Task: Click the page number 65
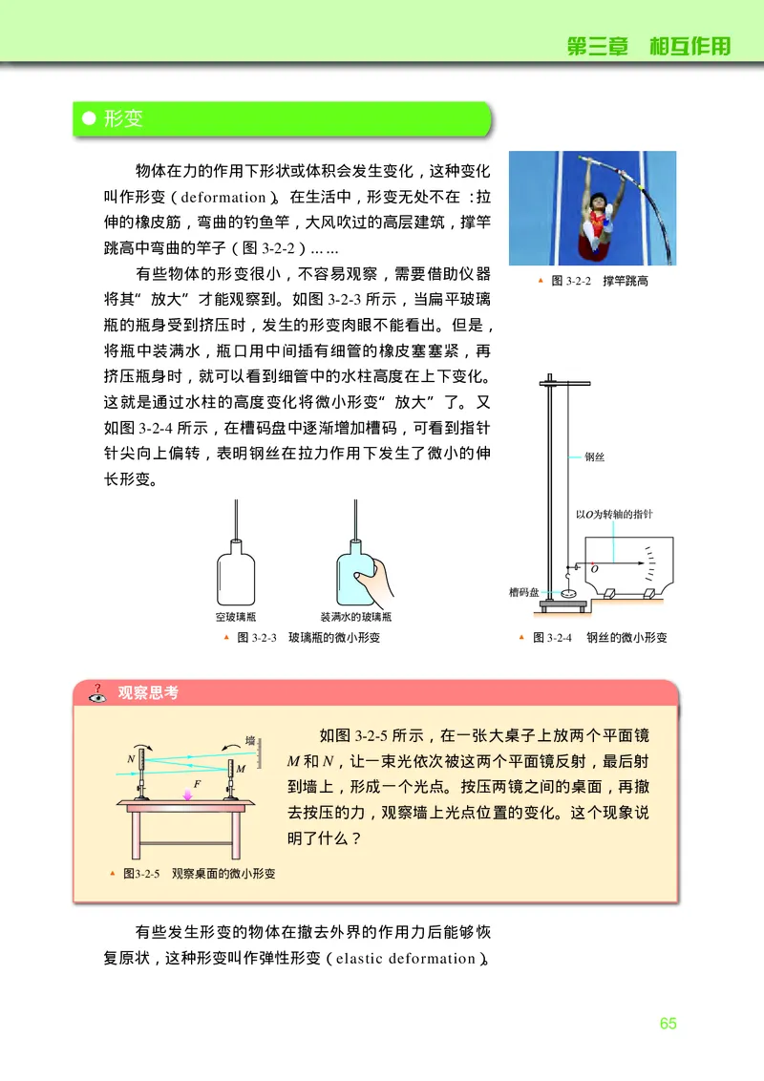click(668, 1023)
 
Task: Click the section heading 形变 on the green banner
click(123, 119)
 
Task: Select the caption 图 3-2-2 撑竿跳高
click(600, 282)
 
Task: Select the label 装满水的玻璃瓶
click(356, 617)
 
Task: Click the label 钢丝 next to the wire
click(594, 457)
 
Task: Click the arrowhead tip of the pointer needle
click(638, 562)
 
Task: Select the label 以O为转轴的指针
click(614, 514)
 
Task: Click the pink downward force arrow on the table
click(186, 793)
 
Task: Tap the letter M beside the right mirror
click(241, 768)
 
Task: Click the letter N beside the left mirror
click(130, 759)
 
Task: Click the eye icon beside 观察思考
click(96, 695)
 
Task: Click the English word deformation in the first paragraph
click(222, 198)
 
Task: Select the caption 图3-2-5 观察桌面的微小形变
click(199, 874)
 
